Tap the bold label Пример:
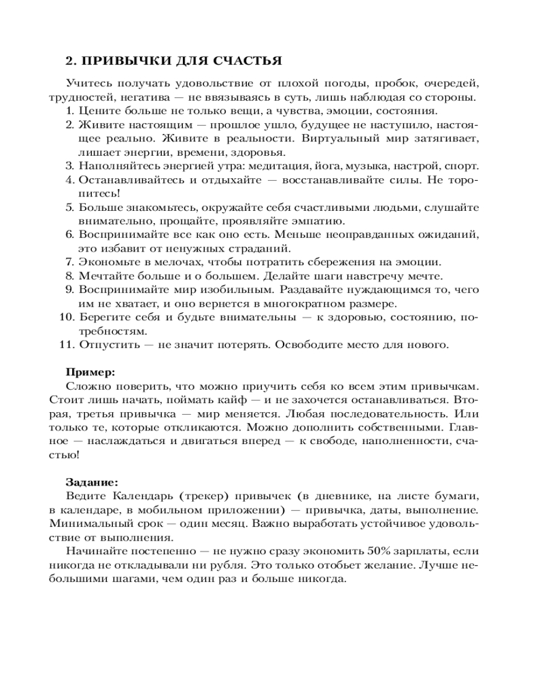[90, 372]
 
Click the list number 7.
[69, 262]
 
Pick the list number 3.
[69, 165]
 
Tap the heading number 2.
[69, 61]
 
